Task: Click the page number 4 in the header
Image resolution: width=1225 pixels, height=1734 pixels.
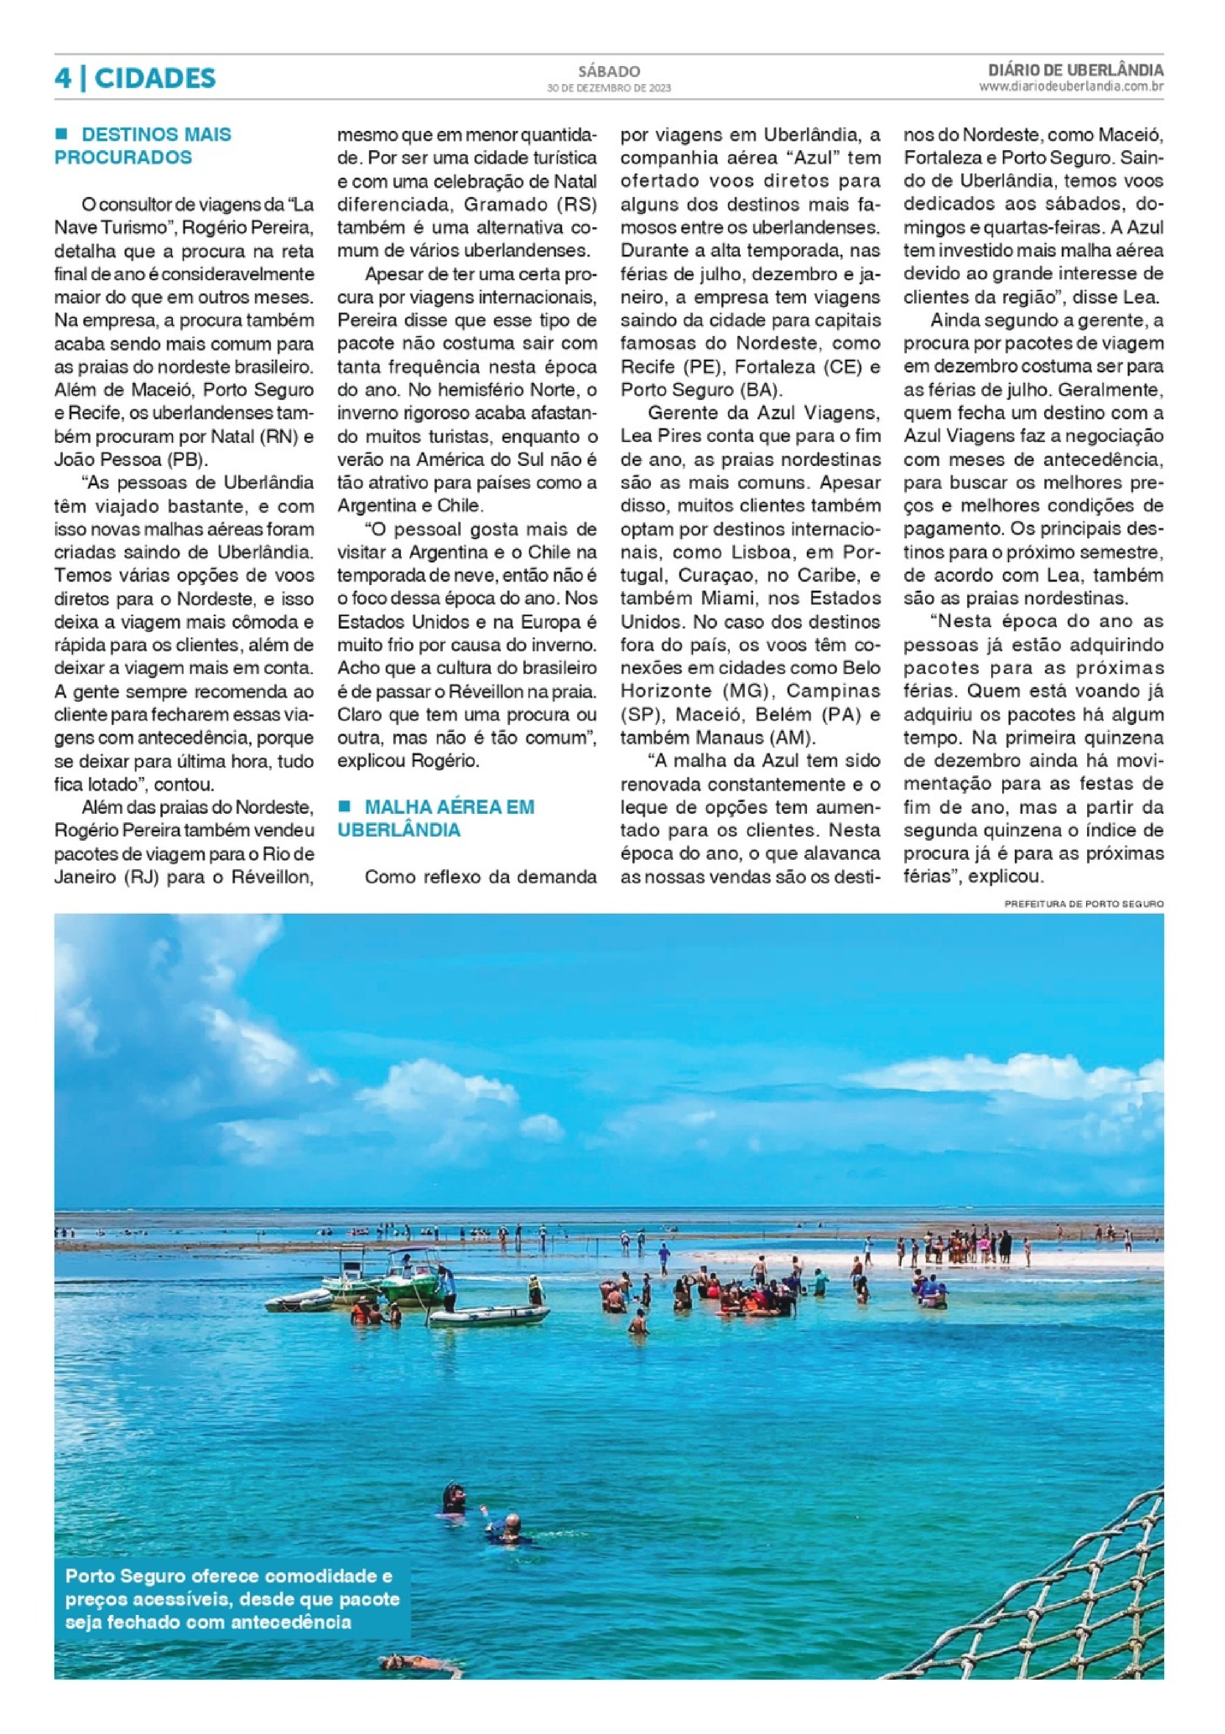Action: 63,78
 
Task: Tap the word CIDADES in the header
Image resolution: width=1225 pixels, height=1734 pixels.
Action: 155,78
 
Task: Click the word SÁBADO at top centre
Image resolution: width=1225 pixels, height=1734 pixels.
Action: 609,72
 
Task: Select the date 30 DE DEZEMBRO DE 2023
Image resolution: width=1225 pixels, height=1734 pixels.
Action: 609,87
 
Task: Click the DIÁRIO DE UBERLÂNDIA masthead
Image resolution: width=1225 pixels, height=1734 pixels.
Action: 1075,70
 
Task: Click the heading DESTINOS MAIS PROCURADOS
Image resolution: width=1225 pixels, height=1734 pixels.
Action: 143,146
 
